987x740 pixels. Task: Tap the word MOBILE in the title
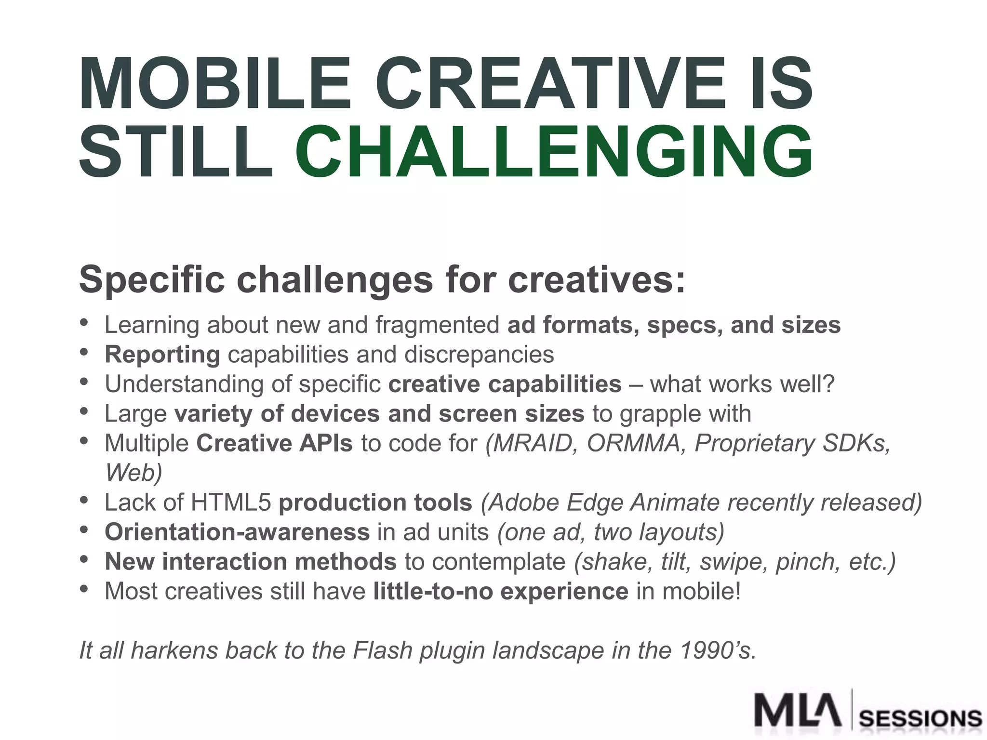click(x=215, y=85)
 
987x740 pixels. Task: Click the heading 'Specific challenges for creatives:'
click(x=382, y=279)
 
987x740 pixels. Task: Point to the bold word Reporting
click(x=162, y=355)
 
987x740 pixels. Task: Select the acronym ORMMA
click(x=633, y=443)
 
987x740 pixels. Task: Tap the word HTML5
click(x=231, y=502)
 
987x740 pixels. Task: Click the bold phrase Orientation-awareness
click(x=237, y=532)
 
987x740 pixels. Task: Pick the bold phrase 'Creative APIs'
click(x=274, y=443)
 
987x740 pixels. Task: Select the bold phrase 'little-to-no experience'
click(x=501, y=592)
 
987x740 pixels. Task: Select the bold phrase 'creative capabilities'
click(x=505, y=384)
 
